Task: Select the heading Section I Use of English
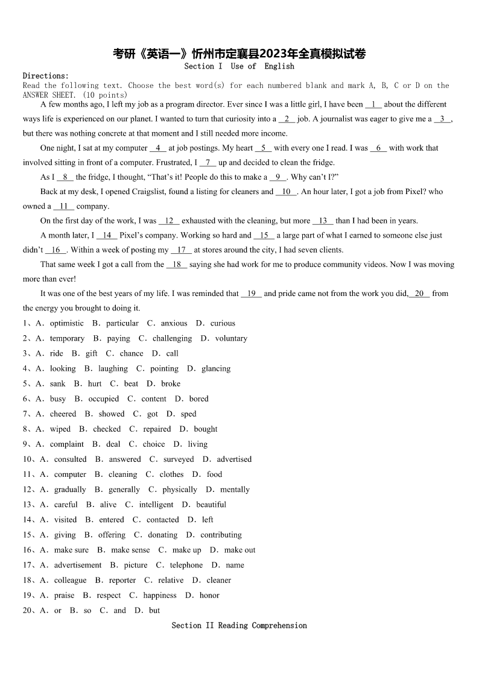pos(239,66)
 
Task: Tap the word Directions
pos(45,76)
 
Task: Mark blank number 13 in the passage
pos(323,221)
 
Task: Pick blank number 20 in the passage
pos(419,294)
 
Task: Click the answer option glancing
pos(216,368)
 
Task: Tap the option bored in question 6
pos(198,398)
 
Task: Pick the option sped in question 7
pos(188,414)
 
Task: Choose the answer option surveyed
pos(179,459)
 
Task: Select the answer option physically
pos(180,490)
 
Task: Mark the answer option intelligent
pos(156,505)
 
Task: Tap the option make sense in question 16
pos(130,550)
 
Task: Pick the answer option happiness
pos(160,595)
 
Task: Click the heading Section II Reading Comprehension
pos(239,626)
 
